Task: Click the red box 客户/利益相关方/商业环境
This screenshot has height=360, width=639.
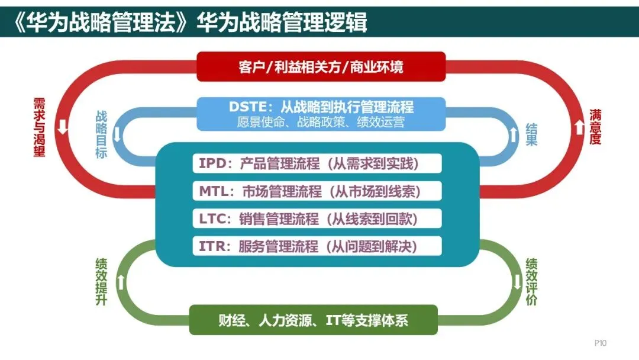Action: click(x=321, y=67)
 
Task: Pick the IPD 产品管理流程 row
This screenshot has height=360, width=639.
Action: click(x=317, y=163)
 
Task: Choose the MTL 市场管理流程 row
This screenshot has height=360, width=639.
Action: click(x=317, y=191)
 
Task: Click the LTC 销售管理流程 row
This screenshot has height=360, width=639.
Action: click(x=317, y=218)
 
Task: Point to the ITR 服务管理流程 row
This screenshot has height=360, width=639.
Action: click(x=317, y=246)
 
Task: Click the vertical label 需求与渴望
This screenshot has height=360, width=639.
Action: click(x=40, y=128)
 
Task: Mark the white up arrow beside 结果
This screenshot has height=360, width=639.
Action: click(x=512, y=134)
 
